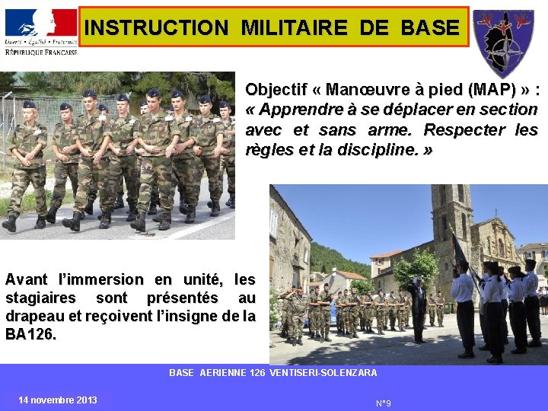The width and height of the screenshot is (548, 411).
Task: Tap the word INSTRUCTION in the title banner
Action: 156,28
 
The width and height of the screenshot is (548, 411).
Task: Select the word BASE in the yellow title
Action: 429,28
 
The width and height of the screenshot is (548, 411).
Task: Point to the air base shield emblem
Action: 503,42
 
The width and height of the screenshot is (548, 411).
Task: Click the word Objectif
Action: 279,90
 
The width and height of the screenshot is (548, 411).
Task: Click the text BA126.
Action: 30,333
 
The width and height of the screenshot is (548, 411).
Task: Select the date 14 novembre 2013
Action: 58,400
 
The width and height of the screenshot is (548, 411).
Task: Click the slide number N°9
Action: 384,403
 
